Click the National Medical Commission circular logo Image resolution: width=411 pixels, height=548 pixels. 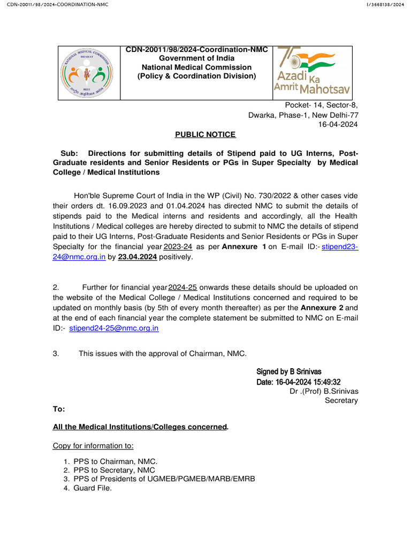(x=89, y=72)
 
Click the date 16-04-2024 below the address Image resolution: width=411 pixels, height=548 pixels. (x=338, y=124)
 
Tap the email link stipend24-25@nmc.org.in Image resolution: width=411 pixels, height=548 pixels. (x=114, y=328)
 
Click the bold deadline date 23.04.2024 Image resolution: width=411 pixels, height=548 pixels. (x=137, y=257)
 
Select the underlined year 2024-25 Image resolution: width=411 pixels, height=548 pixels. (x=183, y=287)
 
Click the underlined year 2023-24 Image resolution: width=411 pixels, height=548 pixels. (x=178, y=247)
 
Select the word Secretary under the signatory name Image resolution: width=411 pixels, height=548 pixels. (x=341, y=400)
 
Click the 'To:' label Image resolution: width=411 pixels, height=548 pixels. (x=59, y=409)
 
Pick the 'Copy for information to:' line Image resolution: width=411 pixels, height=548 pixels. (x=93, y=446)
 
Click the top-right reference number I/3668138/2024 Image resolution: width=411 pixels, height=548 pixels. (x=384, y=5)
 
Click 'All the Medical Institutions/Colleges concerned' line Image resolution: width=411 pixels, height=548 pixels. (x=140, y=427)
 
